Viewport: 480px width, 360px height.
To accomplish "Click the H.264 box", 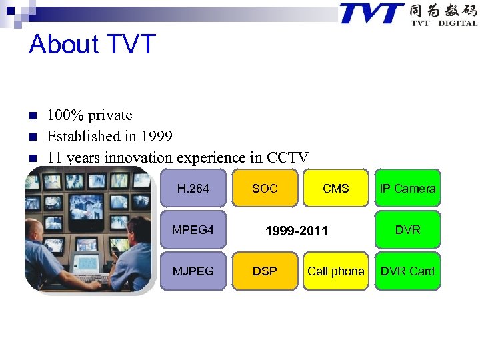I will tap(193, 189).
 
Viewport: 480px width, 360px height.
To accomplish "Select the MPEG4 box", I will tap(193, 230).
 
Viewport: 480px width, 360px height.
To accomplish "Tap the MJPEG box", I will tap(193, 271).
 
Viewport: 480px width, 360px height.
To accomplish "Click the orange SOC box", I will tap(265, 189).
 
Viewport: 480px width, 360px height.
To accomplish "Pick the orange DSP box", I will tap(265, 271).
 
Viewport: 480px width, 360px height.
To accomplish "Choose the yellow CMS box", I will tap(335, 189).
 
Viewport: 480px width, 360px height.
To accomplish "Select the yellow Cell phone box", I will tap(335, 271).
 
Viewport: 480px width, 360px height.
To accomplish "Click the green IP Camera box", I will tap(407, 189).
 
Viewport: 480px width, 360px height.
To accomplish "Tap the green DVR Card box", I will tap(407, 271).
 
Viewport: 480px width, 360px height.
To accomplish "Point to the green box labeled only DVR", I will tap(407, 230).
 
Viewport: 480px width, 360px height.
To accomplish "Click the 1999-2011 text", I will tap(297, 231).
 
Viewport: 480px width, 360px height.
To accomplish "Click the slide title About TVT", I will tap(92, 45).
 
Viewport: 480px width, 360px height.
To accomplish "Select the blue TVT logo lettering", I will tap(371, 13).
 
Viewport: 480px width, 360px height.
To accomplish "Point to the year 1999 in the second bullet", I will tap(157, 137).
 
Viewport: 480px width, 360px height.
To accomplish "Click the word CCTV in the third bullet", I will tap(287, 158).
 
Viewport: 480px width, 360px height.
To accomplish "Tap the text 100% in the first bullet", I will tap(61, 115).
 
